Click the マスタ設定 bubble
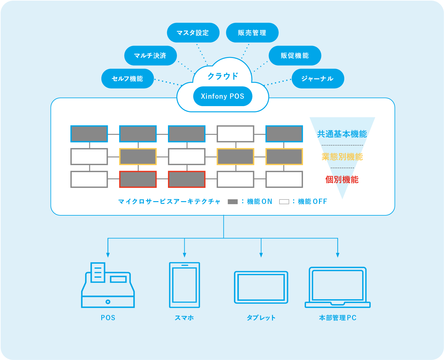[x=193, y=33]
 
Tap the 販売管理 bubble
[x=252, y=33]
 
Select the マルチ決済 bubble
[x=150, y=56]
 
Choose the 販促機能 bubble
[x=295, y=56]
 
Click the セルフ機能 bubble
[x=127, y=79]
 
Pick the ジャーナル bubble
[x=317, y=79]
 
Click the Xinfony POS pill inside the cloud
[x=223, y=96]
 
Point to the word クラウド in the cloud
[x=223, y=76]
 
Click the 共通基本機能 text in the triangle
[x=342, y=134]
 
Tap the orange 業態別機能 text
[x=342, y=157]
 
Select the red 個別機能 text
[x=342, y=180]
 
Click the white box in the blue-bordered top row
[x=235, y=134]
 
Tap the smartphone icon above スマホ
[x=184, y=285]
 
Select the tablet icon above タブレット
[x=261, y=287]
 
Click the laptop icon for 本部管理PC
[x=337, y=287]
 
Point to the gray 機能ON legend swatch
[x=232, y=202]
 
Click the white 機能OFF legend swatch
[x=284, y=202]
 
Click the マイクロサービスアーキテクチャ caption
[x=169, y=202]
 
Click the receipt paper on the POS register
[x=98, y=272]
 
